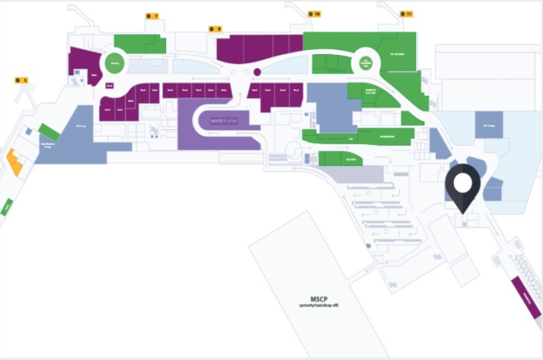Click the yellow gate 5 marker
click(x=21, y=80)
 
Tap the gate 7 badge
click(x=150, y=16)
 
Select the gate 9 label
click(x=215, y=29)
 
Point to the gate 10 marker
click(x=314, y=14)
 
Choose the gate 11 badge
click(x=406, y=14)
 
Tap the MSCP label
click(x=313, y=299)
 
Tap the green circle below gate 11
click(x=367, y=61)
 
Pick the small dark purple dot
click(x=257, y=73)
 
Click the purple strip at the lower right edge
click(x=525, y=298)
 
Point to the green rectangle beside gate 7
click(x=141, y=44)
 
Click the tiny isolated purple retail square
click(x=107, y=86)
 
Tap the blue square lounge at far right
click(x=491, y=125)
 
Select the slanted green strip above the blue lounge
click(x=48, y=131)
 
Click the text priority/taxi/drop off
click(x=313, y=306)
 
